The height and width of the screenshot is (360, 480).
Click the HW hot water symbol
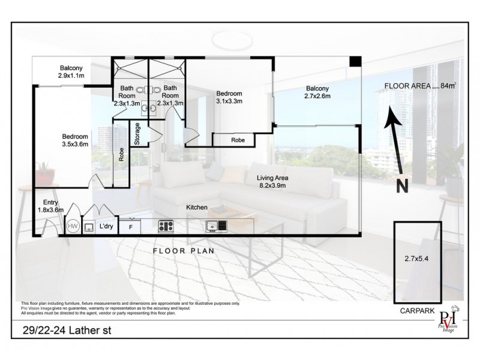tap(73, 226)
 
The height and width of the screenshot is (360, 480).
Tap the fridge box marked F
tap(131, 227)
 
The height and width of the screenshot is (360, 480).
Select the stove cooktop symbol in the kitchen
tap(166, 226)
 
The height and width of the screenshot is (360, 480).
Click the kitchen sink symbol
tap(217, 226)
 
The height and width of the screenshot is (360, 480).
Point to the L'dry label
tap(106, 226)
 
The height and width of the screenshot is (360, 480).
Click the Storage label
tap(137, 134)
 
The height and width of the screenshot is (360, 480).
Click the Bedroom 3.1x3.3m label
tap(229, 98)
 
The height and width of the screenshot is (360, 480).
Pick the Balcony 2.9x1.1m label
tap(75, 73)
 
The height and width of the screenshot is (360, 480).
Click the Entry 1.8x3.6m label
tap(46, 206)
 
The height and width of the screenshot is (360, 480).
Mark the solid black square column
tap(355, 62)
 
